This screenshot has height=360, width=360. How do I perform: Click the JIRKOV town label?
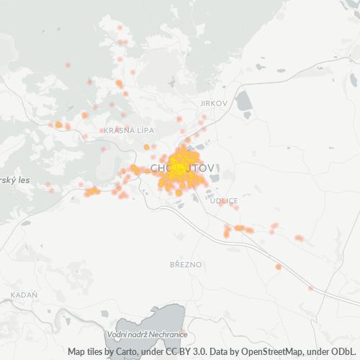[x=215, y=104]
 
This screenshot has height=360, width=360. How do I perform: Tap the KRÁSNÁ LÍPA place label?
[x=125, y=130]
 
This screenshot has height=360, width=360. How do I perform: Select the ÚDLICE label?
[x=223, y=201]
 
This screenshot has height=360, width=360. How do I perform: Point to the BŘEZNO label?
[x=186, y=264]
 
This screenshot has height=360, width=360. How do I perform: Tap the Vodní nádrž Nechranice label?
[x=146, y=335]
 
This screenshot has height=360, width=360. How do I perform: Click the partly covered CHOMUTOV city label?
[x=183, y=168]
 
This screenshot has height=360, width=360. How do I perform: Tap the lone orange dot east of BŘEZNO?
[x=278, y=267]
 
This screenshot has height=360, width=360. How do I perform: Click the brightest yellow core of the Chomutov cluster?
[x=178, y=168]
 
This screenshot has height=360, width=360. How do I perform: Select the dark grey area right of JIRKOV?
[x=244, y=102]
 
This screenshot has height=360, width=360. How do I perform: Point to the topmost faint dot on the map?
[x=120, y=27]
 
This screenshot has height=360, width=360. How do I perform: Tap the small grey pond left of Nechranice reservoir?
[x=107, y=315]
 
